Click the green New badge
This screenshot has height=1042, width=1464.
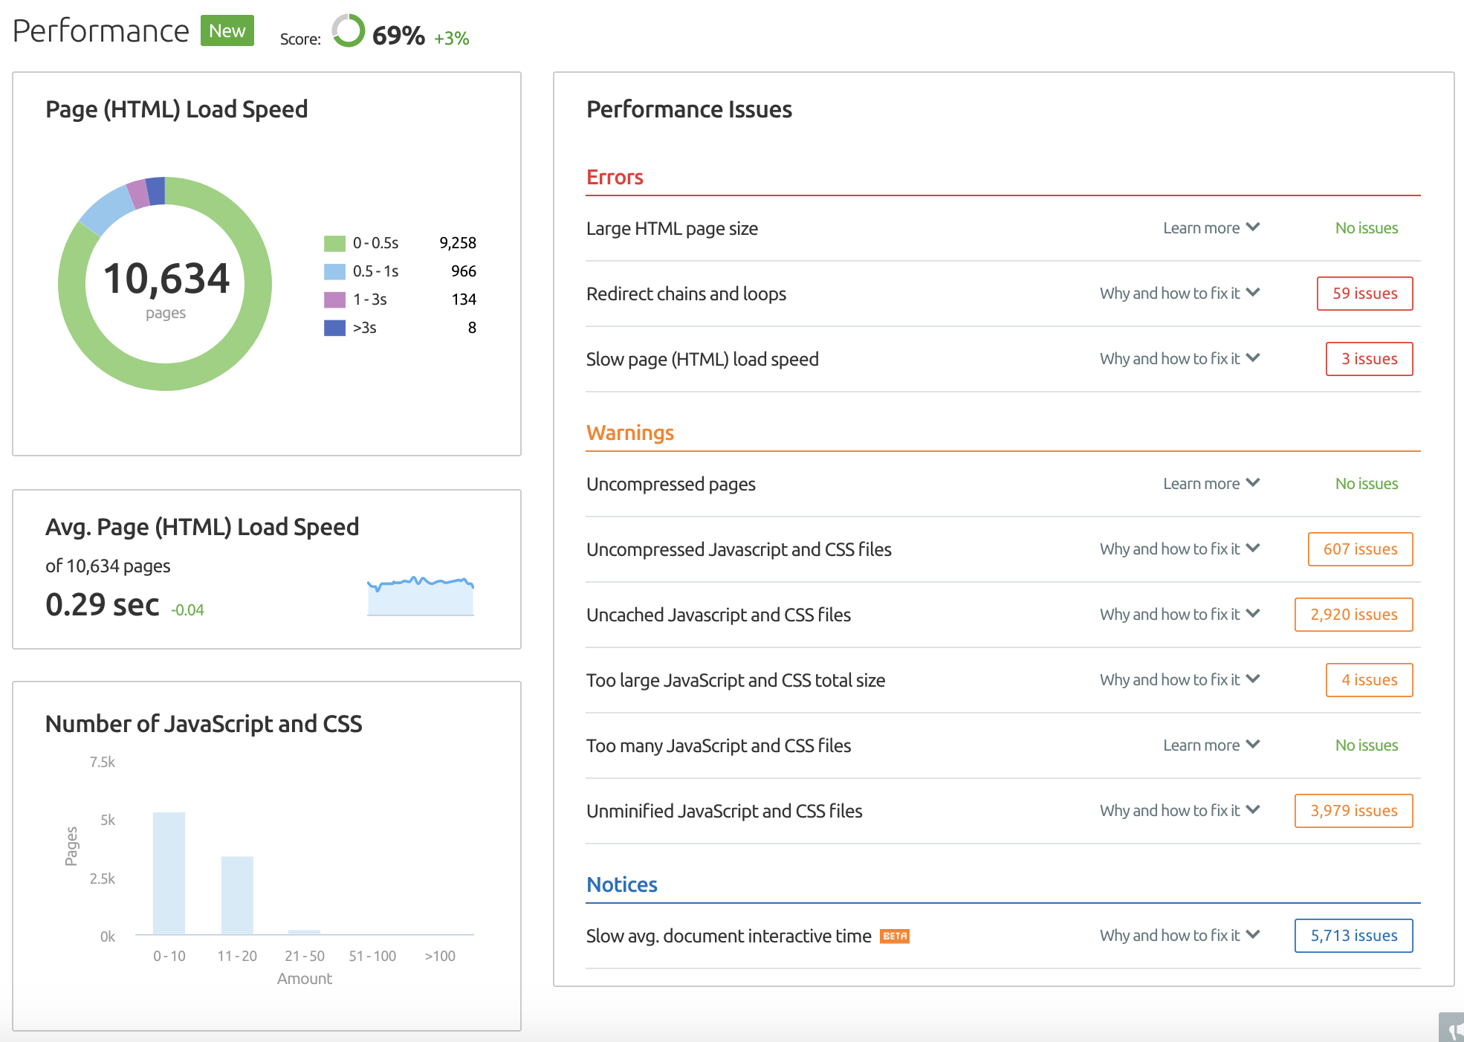pyautogui.click(x=227, y=31)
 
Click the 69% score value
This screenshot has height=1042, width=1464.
pyautogui.click(x=398, y=36)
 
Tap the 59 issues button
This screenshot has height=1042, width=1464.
pyautogui.click(x=1364, y=294)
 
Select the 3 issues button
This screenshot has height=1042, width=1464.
pyautogui.click(x=1369, y=359)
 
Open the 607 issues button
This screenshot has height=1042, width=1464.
pyautogui.click(x=1360, y=549)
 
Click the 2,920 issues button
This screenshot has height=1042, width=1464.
pyautogui.click(x=1353, y=615)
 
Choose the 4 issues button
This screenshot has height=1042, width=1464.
pyautogui.click(x=1369, y=680)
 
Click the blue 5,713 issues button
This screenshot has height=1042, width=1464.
pyautogui.click(x=1353, y=936)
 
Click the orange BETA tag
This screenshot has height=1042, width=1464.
pyautogui.click(x=895, y=936)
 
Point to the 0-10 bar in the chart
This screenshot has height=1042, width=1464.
pyautogui.click(x=169, y=873)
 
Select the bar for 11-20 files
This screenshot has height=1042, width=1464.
pyautogui.click(x=237, y=896)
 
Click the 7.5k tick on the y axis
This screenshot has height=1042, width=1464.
pyautogui.click(x=103, y=762)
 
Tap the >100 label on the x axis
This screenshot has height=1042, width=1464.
pyautogui.click(x=440, y=957)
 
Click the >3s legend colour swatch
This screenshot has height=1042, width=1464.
pyautogui.click(x=334, y=328)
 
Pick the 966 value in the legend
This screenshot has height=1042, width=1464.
pyautogui.click(x=463, y=271)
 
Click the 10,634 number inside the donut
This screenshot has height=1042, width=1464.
pyautogui.click(x=166, y=279)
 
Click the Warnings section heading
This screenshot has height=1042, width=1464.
pyautogui.click(x=629, y=433)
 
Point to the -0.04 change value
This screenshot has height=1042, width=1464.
pyautogui.click(x=187, y=610)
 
